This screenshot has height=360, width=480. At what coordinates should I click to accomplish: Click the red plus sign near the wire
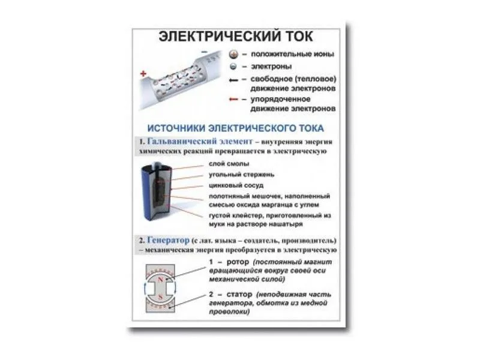click(x=143, y=74)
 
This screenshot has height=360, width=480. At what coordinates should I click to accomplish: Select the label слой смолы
click(x=229, y=163)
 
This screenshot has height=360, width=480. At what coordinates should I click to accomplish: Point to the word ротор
click(x=236, y=263)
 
